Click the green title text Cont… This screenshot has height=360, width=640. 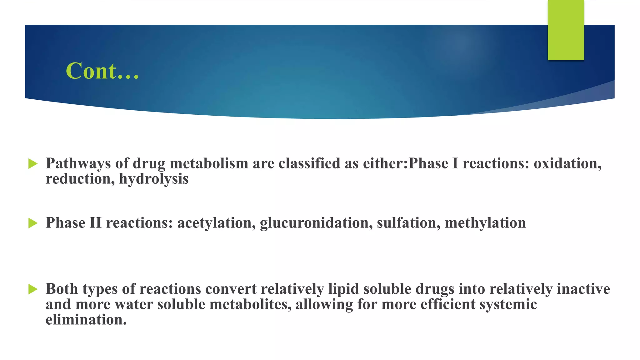(x=102, y=71)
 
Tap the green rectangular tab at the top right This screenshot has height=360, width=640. (x=566, y=30)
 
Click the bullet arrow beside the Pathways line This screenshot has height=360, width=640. (x=33, y=163)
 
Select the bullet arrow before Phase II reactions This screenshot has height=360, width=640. (x=33, y=223)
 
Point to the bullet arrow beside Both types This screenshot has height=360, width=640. (x=33, y=289)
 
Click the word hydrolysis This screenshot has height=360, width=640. (x=154, y=179)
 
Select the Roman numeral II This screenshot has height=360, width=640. (x=96, y=223)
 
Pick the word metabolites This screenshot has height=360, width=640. (x=250, y=305)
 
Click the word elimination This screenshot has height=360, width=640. (x=86, y=320)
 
